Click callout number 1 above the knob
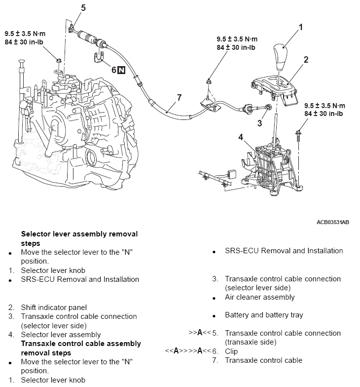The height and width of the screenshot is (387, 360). (x=300, y=27)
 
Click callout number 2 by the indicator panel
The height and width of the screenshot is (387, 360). (x=306, y=60)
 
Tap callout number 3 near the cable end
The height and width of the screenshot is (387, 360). (x=259, y=123)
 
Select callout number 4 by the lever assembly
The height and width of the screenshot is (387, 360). (x=241, y=137)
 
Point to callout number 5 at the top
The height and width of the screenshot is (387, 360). (x=83, y=8)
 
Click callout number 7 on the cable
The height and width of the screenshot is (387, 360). (x=180, y=97)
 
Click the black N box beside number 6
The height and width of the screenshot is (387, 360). (x=122, y=70)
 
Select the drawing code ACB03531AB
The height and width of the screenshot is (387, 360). (x=332, y=222)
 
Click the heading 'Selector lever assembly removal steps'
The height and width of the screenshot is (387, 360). (x=79, y=238)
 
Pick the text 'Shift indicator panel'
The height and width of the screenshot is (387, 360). (x=54, y=307)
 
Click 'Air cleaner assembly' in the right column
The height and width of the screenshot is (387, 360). (x=259, y=297)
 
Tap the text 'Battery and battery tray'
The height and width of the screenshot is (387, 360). (x=264, y=315)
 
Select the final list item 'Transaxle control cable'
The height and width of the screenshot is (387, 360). (x=263, y=360)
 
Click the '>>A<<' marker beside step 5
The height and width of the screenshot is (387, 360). (x=199, y=333)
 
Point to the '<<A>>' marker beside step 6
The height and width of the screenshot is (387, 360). (x=175, y=351)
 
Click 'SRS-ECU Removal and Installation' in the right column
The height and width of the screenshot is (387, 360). (x=284, y=251)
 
